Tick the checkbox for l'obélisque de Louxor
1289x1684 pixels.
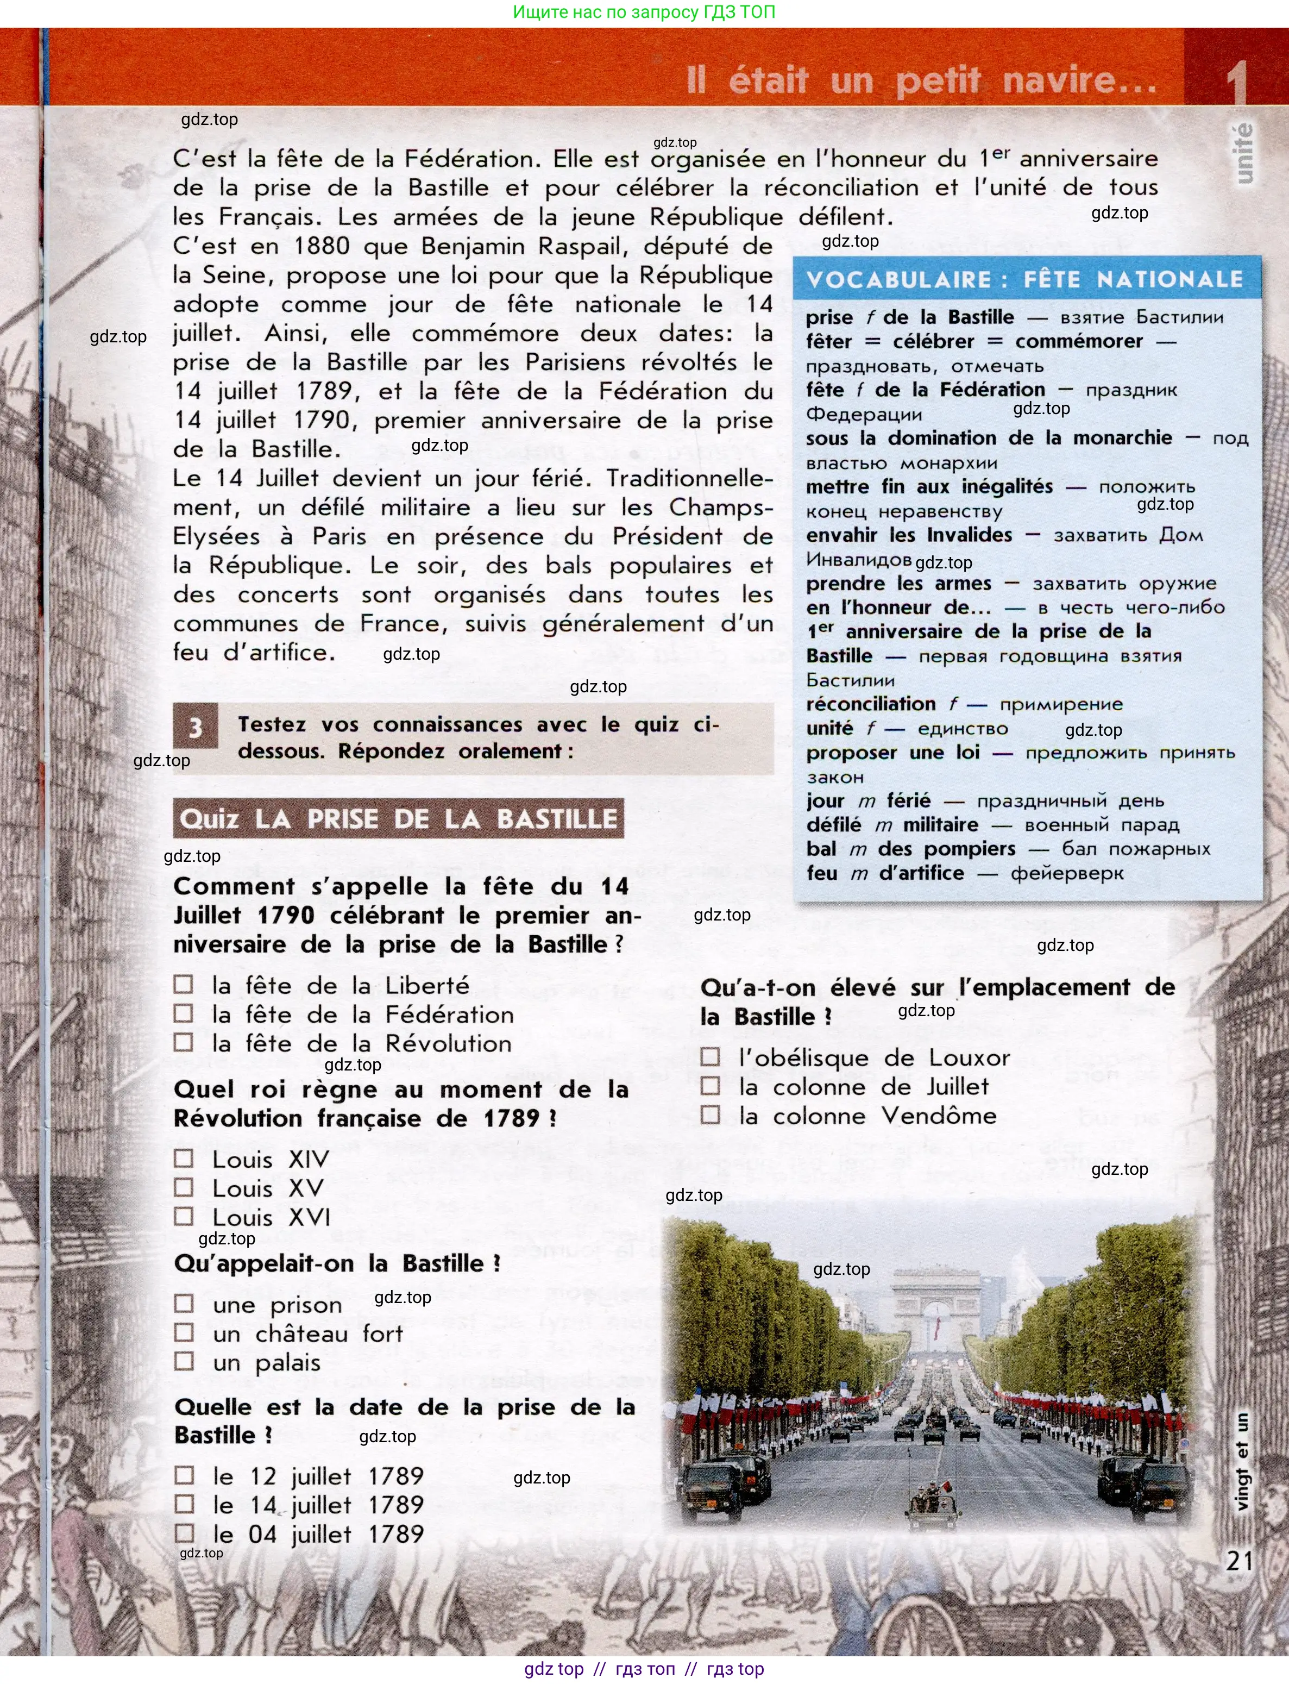click(710, 1057)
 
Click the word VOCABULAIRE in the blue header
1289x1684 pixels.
click(898, 279)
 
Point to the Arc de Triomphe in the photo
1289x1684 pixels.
click(936, 1301)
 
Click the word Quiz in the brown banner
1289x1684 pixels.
click(209, 819)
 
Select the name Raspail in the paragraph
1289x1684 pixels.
click(579, 246)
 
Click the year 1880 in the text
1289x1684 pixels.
click(322, 246)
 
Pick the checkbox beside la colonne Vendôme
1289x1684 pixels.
click(710, 1115)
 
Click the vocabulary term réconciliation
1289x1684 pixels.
click(870, 704)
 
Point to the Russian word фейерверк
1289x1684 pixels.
click(1066, 873)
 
